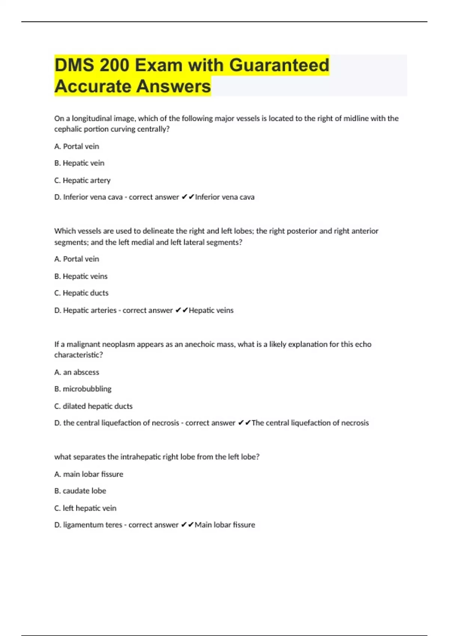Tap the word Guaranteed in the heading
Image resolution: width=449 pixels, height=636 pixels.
tap(279, 65)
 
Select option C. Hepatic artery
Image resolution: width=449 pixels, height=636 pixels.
tap(82, 180)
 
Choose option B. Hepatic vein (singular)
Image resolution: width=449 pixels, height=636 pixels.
tap(79, 163)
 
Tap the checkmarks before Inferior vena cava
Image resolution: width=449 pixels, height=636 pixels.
tap(187, 197)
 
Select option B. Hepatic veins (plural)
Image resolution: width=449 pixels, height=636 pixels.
tap(81, 276)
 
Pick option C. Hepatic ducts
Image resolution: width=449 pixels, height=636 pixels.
tap(81, 293)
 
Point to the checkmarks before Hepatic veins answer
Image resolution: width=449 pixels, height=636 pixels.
tap(181, 310)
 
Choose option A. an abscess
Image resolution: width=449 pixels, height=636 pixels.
tap(77, 372)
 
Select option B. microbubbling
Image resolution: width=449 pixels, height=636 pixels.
tap(83, 389)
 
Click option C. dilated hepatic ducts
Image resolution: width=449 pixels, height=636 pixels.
tap(93, 406)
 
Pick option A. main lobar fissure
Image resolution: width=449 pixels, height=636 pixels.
tap(89, 474)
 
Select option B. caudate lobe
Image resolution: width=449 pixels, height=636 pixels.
tap(80, 491)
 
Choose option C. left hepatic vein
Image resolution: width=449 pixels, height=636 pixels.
tap(85, 508)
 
